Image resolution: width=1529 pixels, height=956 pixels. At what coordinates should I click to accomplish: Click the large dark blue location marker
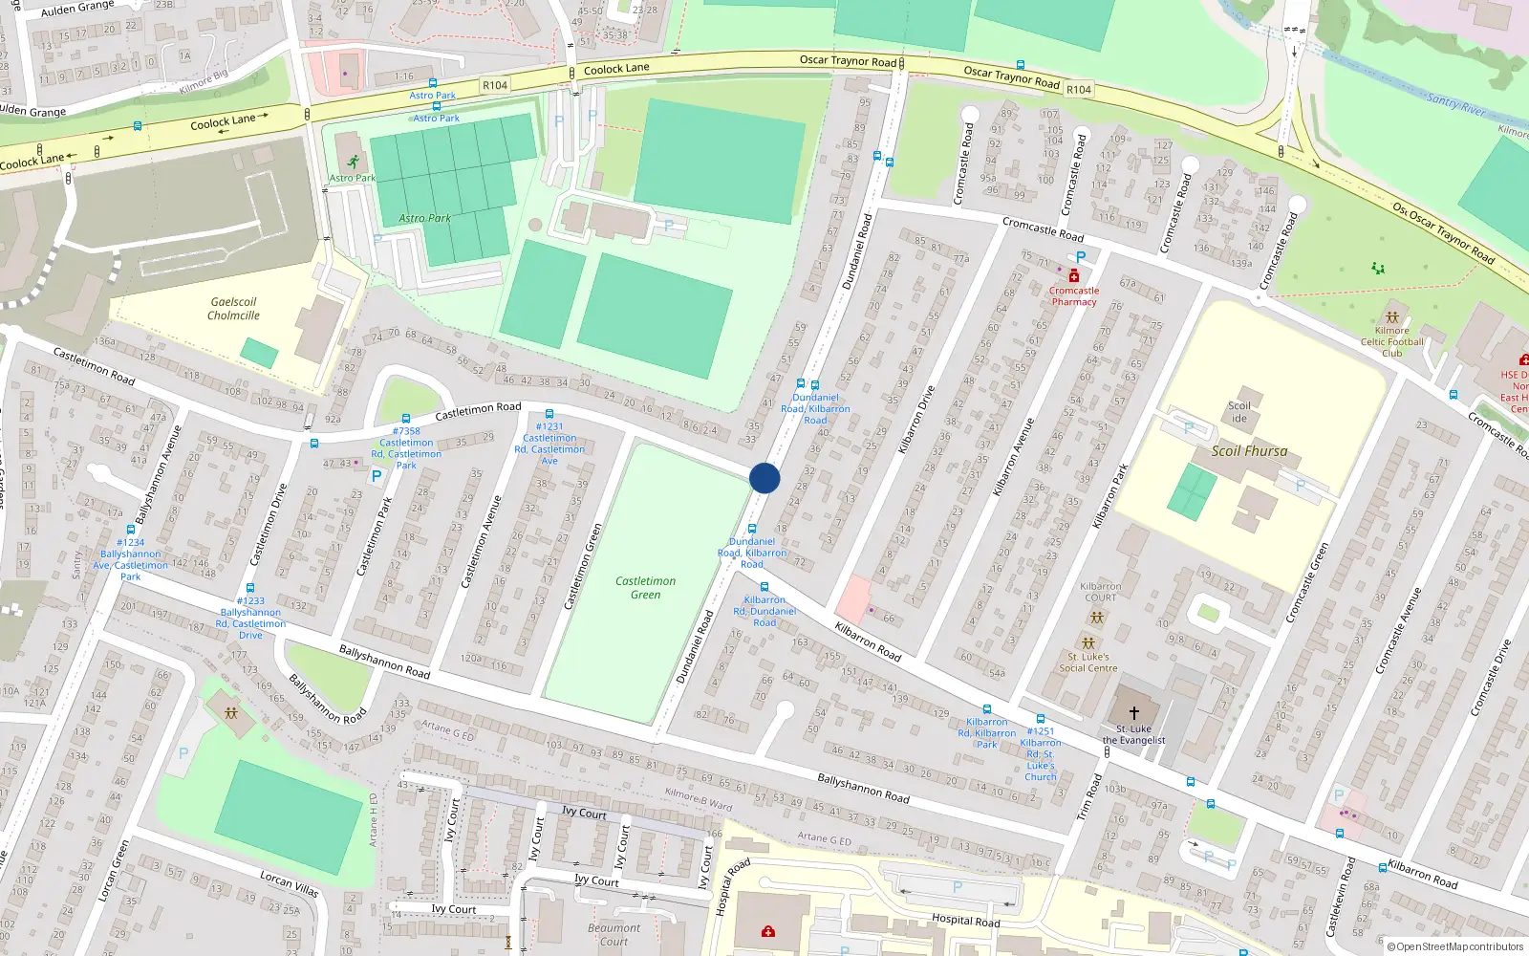[764, 478]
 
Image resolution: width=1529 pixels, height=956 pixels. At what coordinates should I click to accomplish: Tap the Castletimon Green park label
[645, 587]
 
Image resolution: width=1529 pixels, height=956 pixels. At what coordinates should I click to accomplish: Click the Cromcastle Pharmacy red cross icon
[1073, 276]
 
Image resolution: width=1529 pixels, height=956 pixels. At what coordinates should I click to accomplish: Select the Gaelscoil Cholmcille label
[233, 308]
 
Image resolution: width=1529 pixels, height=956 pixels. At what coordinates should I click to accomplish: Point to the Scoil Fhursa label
[1249, 451]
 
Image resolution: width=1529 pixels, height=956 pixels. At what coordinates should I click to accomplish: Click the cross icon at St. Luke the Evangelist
[1134, 713]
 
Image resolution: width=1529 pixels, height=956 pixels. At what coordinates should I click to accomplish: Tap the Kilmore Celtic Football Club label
[1391, 341]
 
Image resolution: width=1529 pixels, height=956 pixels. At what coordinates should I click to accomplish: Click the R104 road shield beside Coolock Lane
[495, 85]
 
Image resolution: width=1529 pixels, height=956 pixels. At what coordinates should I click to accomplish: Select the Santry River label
[1455, 104]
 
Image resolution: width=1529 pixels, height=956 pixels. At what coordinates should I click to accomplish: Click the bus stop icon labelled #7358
[406, 419]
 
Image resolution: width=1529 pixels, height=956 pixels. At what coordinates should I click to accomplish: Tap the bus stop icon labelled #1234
[131, 530]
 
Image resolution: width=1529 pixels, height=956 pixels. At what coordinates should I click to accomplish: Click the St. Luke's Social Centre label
[1088, 662]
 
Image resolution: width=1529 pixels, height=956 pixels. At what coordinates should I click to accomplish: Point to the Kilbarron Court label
[1100, 592]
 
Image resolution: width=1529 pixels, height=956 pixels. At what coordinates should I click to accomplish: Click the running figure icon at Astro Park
[354, 162]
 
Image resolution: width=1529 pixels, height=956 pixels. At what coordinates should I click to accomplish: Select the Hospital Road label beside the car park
[965, 921]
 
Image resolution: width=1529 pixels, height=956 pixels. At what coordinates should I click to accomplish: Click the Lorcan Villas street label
[290, 882]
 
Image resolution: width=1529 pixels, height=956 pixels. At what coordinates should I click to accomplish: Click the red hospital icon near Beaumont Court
[767, 930]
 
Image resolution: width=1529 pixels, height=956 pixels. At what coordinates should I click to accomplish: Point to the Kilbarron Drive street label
[915, 419]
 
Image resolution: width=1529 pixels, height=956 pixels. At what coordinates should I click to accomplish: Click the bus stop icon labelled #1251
[1041, 719]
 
